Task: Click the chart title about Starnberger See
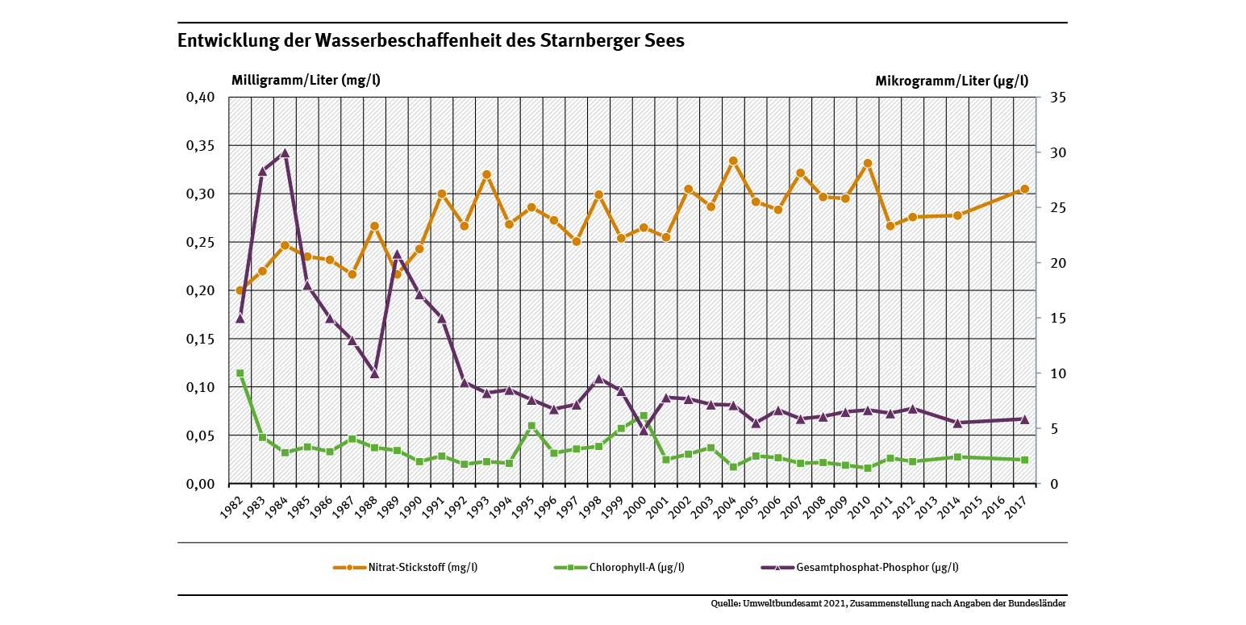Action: point(431,41)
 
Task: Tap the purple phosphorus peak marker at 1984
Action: point(285,153)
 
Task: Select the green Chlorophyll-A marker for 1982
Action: point(240,373)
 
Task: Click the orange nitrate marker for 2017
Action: point(1025,189)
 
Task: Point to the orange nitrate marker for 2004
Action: point(733,160)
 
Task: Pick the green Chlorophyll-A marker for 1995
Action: point(531,426)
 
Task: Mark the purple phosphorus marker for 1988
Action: point(374,373)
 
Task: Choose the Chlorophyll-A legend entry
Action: point(636,567)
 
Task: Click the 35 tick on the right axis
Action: point(1058,98)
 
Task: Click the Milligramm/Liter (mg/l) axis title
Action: point(306,81)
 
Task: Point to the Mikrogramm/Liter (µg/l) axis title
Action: point(952,81)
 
